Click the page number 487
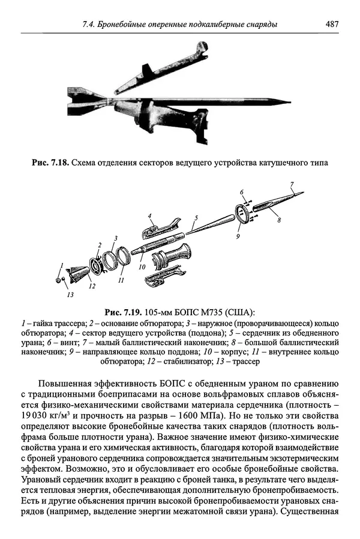point(332,24)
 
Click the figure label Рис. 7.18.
point(50,163)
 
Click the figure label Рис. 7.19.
point(123,313)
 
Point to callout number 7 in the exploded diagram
point(292,184)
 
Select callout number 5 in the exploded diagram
point(196,218)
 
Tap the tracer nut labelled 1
point(58,279)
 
